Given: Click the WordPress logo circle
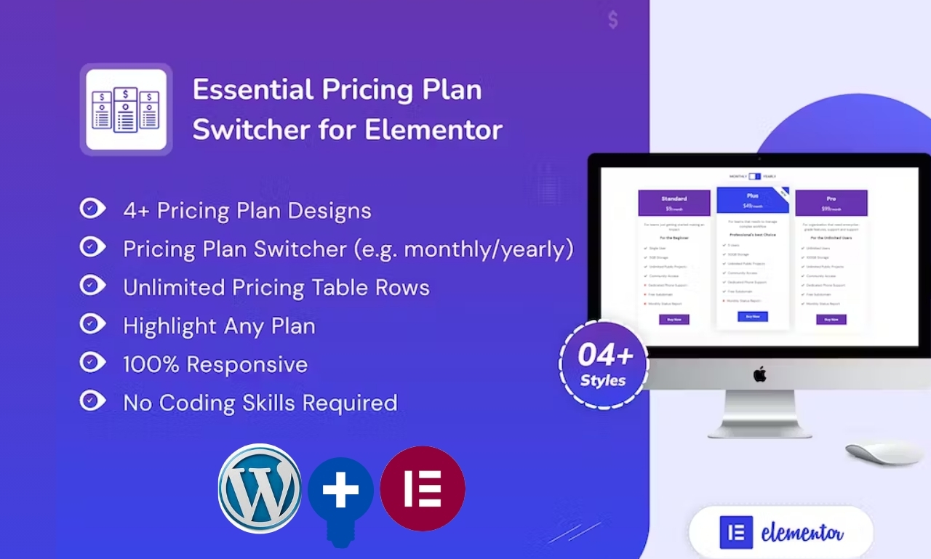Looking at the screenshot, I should pos(260,488).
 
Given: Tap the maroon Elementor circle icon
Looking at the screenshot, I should pos(423,488).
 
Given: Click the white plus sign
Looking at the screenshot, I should pos(341,489).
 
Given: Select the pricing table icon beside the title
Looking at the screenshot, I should pos(126,109).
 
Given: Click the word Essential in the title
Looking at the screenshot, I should pos(252,90).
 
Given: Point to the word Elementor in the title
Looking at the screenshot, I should pos(433,129).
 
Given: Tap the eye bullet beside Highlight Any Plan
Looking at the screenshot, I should pos(92,325).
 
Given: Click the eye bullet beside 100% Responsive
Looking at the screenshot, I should pos(92,363).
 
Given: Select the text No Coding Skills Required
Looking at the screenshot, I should pos(260,403).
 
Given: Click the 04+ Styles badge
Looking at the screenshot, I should pos(604,364).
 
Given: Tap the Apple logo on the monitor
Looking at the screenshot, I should pos(759,374).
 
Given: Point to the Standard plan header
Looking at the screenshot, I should pos(674,203).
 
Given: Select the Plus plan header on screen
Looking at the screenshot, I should pos(752,200).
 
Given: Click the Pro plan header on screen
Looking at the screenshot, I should pos(831,203).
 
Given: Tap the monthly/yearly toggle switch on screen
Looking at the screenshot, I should pos(754,176).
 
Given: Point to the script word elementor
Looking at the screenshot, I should pos(802,534).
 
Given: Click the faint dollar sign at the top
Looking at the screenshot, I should pos(613,20).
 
